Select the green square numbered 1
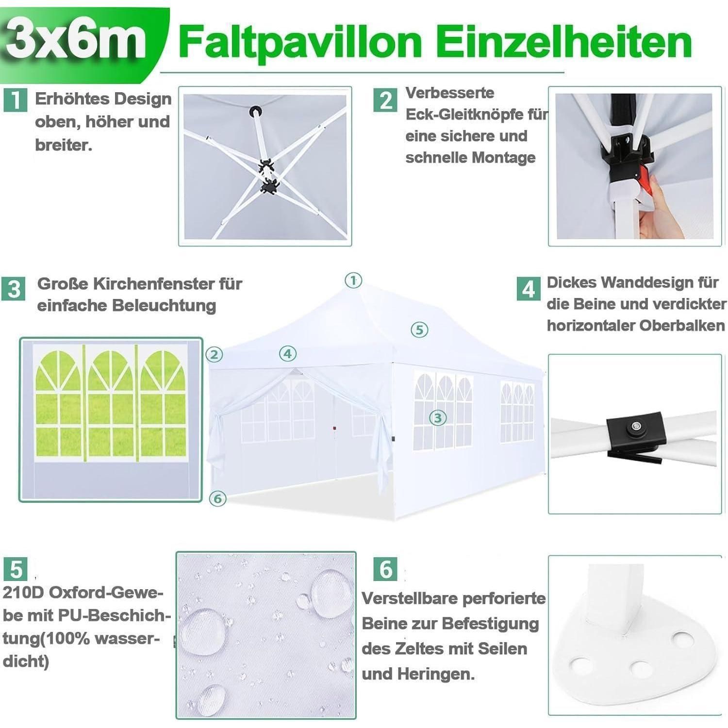pos(15,100)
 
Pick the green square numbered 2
pos(385,100)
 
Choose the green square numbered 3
pos(14,289)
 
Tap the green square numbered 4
pos(529,289)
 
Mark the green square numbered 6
pos(385,568)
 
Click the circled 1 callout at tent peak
pos(353,280)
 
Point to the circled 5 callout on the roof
pos(419,330)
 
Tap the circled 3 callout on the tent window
pos(438,417)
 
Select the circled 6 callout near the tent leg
pos(217,498)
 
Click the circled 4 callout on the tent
pos(288,354)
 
